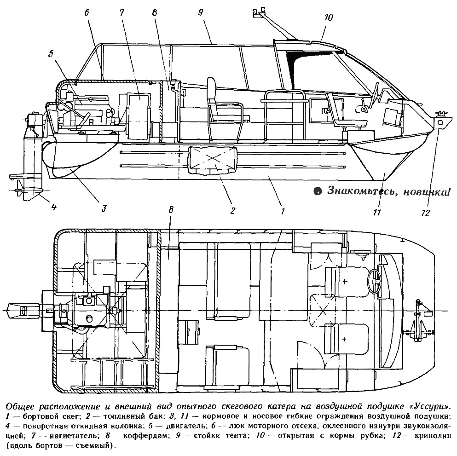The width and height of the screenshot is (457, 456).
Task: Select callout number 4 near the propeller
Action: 54,207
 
